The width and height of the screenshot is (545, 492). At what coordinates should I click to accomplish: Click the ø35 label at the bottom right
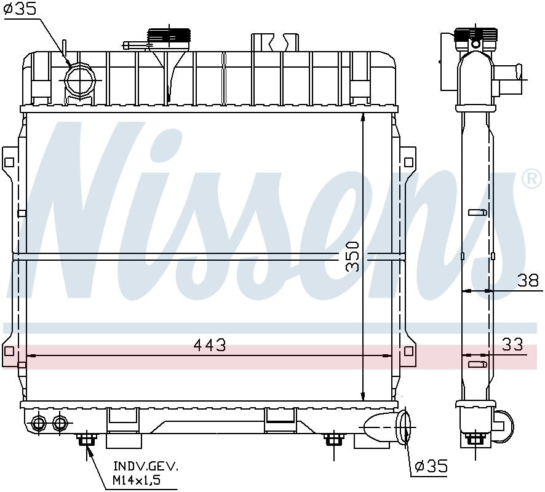431,467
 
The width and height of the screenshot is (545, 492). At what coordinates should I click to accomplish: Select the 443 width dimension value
209,346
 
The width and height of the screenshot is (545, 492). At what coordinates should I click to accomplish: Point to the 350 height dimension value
352,256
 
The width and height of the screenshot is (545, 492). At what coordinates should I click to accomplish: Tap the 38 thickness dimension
528,280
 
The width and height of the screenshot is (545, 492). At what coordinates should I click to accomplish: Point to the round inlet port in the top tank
80,80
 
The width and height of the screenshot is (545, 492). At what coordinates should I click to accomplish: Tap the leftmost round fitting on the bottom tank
38,423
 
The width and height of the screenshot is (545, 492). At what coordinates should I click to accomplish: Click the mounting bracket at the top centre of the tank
274,42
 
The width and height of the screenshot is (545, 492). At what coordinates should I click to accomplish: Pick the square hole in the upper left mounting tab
9,163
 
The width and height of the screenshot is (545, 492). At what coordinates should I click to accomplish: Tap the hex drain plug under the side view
474,438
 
